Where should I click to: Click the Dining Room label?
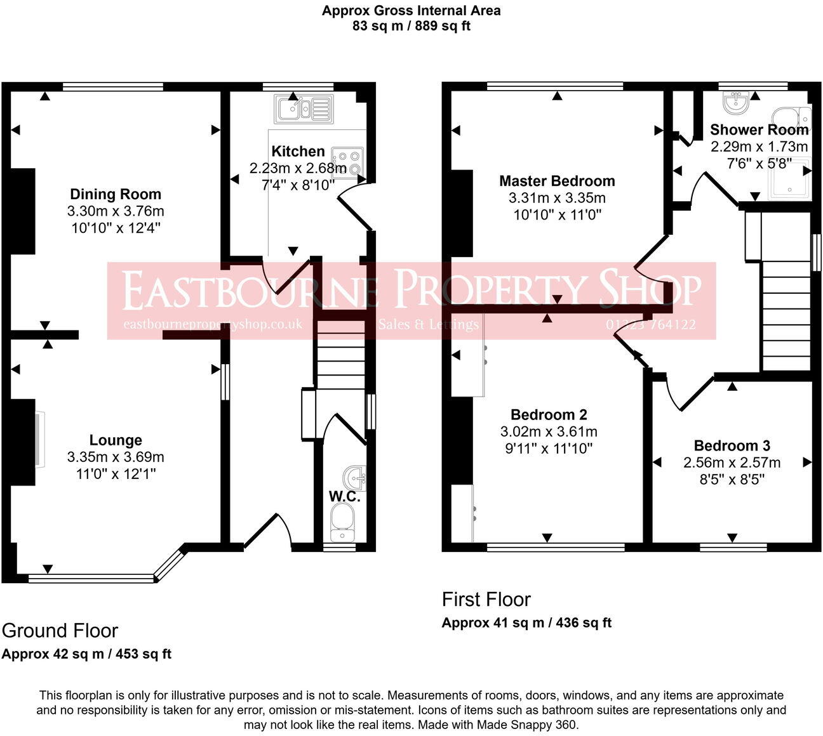click(116, 194)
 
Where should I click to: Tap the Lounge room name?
click(116, 440)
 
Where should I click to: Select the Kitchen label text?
click(298, 152)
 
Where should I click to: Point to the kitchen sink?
click(304, 108)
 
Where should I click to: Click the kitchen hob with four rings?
click(347, 162)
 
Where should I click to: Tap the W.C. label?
click(344, 496)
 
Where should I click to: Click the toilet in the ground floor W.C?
click(342, 522)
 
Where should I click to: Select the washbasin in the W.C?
click(355, 478)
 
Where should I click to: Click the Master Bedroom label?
click(557, 181)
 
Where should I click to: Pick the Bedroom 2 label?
click(549, 414)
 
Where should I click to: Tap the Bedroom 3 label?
click(732, 446)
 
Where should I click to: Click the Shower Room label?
click(759, 130)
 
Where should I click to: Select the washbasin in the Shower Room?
click(735, 102)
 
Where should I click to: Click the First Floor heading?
click(486, 600)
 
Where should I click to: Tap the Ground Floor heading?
click(60, 631)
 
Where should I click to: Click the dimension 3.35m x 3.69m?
click(116, 457)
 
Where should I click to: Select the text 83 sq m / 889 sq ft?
click(411, 26)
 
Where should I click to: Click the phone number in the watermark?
click(651, 324)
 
